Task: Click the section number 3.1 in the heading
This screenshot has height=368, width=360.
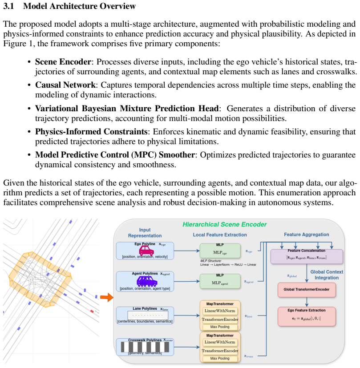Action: [x=8, y=6]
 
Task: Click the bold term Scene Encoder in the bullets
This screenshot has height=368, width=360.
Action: [x=63, y=62]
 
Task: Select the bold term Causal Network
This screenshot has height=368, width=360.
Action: [x=65, y=85]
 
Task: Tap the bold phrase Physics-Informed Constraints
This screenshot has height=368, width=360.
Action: [x=91, y=132]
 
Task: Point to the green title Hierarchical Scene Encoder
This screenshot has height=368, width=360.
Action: [x=225, y=225]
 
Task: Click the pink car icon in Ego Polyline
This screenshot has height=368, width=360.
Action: [x=146, y=251]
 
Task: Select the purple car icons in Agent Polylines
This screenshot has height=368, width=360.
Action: [x=147, y=281]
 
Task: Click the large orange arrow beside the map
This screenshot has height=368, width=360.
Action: [x=107, y=297]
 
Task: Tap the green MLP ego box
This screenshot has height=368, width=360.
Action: [x=220, y=251]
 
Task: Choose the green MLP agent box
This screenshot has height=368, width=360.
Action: [x=220, y=281]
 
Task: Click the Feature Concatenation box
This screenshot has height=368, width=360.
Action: [x=307, y=256]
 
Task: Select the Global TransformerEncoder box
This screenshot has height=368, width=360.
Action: [x=307, y=290]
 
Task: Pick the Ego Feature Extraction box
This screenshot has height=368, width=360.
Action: [x=307, y=316]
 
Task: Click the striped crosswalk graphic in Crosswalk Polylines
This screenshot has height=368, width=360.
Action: [x=145, y=347]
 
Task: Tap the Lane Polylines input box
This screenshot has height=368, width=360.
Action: [x=145, y=315]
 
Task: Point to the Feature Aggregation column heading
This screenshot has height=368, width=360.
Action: [x=306, y=235]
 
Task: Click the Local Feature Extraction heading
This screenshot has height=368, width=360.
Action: [x=220, y=235]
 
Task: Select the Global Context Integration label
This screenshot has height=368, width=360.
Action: [x=327, y=275]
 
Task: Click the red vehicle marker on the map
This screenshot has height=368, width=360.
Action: [x=92, y=311]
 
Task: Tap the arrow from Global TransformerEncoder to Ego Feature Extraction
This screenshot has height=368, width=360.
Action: [x=307, y=302]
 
